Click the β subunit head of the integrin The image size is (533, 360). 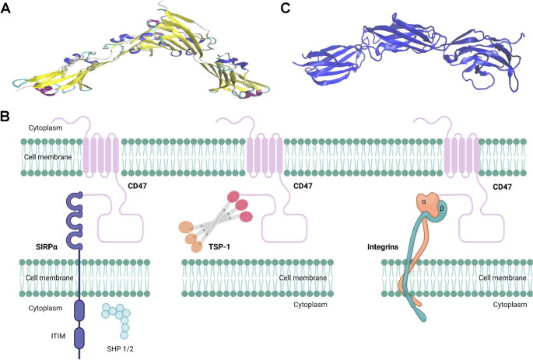point(423,210)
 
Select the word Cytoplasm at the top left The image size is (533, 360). point(25,125)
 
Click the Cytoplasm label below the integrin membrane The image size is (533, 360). point(510,306)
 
